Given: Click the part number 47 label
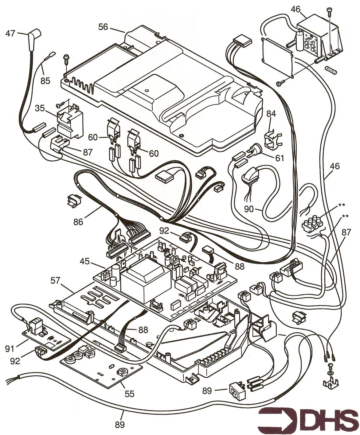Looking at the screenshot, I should click(x=10, y=33).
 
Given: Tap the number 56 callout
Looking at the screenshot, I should click(x=104, y=27).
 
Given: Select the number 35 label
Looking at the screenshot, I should click(x=40, y=108).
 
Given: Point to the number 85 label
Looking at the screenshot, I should click(x=45, y=81).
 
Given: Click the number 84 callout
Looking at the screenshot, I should click(x=271, y=114).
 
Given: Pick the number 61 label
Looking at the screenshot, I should click(x=280, y=159).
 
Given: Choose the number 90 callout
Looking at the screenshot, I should click(x=249, y=209).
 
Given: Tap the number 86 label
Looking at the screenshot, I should click(x=78, y=221).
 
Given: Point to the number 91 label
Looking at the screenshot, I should click(x=10, y=349).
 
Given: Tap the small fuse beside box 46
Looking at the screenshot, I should click(x=333, y=70).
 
